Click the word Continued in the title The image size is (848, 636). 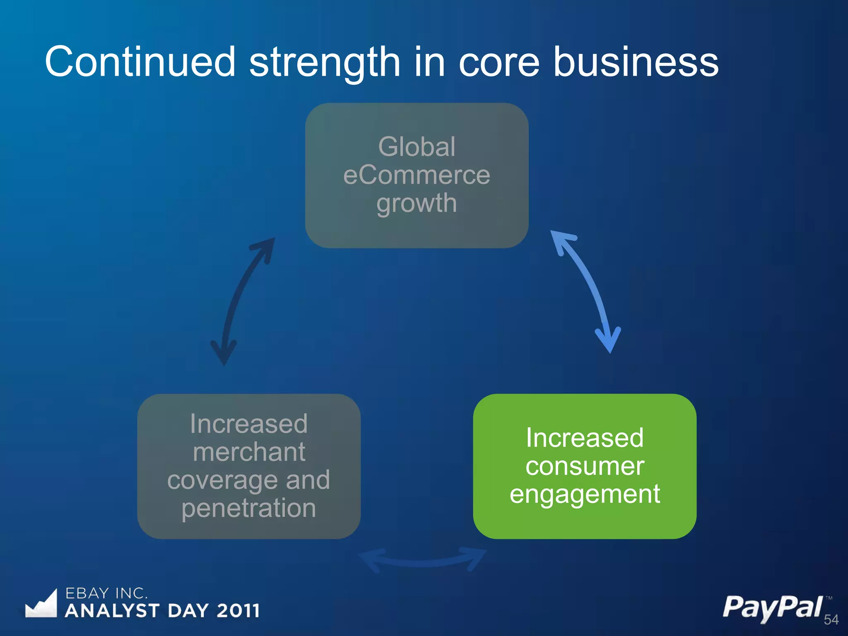(x=140, y=62)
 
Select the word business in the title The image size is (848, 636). (x=636, y=62)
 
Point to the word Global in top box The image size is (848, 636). (x=417, y=147)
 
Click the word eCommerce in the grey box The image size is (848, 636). (x=417, y=175)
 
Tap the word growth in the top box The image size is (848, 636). (x=417, y=204)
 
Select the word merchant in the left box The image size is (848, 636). (x=249, y=452)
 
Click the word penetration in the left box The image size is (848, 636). (x=249, y=508)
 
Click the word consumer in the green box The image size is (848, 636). (x=585, y=466)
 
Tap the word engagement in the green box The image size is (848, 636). (x=585, y=494)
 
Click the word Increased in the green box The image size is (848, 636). (x=585, y=438)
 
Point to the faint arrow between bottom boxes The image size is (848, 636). (x=422, y=561)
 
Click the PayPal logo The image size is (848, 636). (x=772, y=608)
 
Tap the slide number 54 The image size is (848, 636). (x=831, y=619)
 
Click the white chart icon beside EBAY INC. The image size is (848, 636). (x=41, y=605)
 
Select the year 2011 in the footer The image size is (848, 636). (x=238, y=611)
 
